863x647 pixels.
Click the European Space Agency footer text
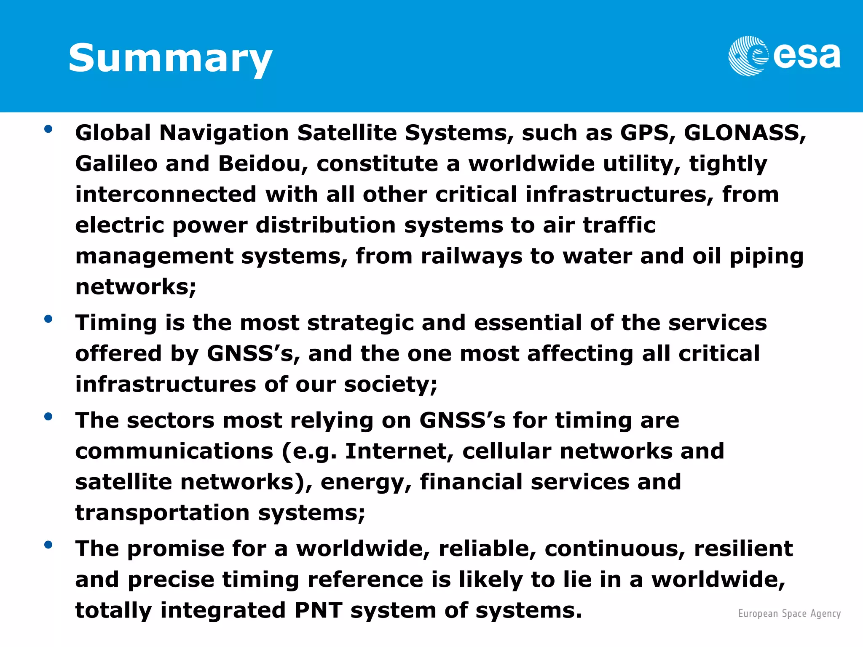(789, 614)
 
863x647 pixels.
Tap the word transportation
(163, 513)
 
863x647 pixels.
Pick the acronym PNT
(318, 610)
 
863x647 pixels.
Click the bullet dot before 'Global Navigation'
(48, 129)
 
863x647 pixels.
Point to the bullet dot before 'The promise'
(48, 545)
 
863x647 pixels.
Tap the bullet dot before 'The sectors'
(48, 417)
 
